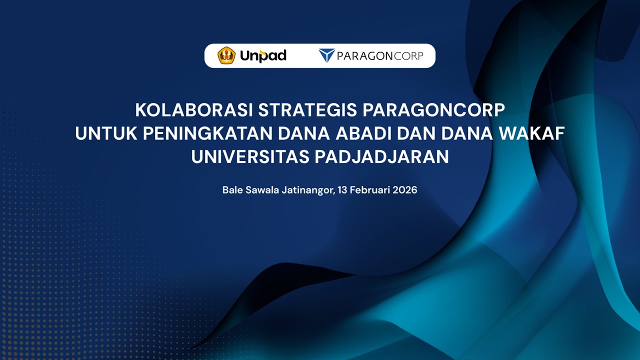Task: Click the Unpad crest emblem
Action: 226,55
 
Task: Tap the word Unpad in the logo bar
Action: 263,55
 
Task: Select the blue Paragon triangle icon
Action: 326,55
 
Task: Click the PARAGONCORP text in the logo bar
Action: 380,55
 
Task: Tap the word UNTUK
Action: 105,133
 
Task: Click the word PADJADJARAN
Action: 381,157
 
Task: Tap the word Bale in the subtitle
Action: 232,190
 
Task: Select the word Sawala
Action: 262,190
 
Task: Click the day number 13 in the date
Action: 342,190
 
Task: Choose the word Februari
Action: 370,190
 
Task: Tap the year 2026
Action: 405,190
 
